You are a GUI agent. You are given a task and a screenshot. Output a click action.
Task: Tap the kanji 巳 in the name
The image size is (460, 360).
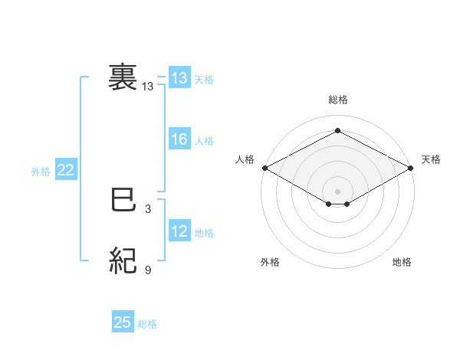tap(123, 201)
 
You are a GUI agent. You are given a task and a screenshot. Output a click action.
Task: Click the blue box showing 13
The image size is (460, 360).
tap(179, 78)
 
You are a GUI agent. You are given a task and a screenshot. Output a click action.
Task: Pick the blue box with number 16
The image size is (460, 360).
tap(179, 139)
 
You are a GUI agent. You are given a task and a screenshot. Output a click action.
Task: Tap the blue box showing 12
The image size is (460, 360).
tap(179, 231)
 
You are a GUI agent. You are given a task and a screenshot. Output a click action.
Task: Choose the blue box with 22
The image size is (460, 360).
tap(65, 171)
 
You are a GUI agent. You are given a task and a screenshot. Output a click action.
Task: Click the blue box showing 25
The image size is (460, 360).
tap(123, 322)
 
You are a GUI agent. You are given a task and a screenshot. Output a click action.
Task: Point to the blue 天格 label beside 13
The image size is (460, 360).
tap(204, 79)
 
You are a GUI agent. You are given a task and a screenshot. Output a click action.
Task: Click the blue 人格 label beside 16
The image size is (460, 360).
tap(204, 140)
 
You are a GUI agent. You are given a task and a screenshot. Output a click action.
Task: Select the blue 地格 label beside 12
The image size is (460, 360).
tap(204, 232)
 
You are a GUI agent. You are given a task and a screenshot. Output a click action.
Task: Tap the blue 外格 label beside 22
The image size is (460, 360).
tap(41, 172)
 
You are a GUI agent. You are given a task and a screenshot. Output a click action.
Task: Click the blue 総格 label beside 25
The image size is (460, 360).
tap(147, 323)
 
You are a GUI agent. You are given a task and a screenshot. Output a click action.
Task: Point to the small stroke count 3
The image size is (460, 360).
tap(148, 208)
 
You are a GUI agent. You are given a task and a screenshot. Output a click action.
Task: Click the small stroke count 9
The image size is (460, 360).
tap(148, 270)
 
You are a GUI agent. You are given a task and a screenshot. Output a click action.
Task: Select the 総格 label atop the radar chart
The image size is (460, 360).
tap(337, 100)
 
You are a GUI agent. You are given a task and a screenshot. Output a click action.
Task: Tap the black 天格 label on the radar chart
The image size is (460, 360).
tap(431, 159)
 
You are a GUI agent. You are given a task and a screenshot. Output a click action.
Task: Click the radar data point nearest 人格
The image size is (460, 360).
tap(264, 167)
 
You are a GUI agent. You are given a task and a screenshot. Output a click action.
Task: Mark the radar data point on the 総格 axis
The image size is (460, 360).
tap(337, 131)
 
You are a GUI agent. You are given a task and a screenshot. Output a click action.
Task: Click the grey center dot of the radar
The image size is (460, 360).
tap(337, 191)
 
